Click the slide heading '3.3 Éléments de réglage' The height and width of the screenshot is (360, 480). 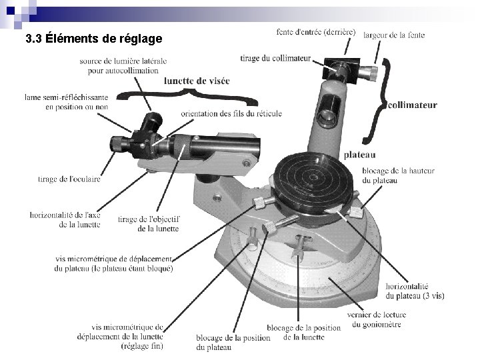[x=93, y=38]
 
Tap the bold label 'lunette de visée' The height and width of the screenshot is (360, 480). [x=197, y=81]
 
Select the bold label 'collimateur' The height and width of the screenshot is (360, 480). [x=412, y=105]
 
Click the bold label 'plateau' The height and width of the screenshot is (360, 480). [x=359, y=155]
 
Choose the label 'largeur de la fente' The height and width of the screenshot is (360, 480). [x=394, y=35]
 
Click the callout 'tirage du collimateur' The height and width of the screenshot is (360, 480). [x=275, y=58]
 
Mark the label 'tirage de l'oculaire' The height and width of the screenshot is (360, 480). [x=69, y=179]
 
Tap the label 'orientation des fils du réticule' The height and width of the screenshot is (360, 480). [x=231, y=113]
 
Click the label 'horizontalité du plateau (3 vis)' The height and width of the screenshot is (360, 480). [x=415, y=290]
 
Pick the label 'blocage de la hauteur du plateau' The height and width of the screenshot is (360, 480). [x=398, y=175]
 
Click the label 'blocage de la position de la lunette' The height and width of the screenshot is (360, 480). [x=303, y=332]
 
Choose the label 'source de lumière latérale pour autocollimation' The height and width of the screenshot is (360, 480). [x=119, y=65]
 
